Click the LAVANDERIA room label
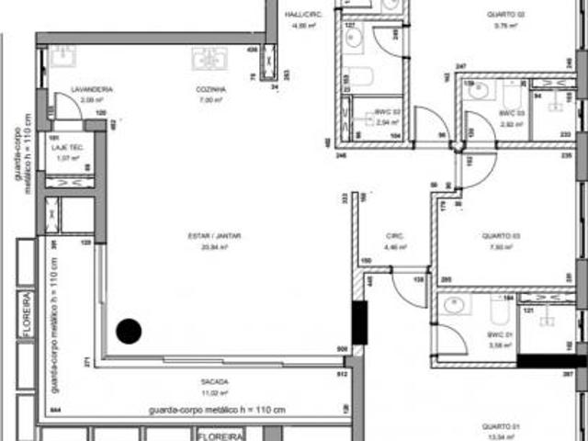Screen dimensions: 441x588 (x=96, y=89)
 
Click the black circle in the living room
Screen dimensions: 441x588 (x=129, y=330)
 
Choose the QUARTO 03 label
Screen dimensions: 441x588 (x=501, y=236)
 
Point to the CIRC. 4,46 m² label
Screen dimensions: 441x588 (x=395, y=236)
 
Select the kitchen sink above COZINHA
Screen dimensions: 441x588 (x=210, y=58)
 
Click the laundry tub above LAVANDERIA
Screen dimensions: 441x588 (x=63, y=58)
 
